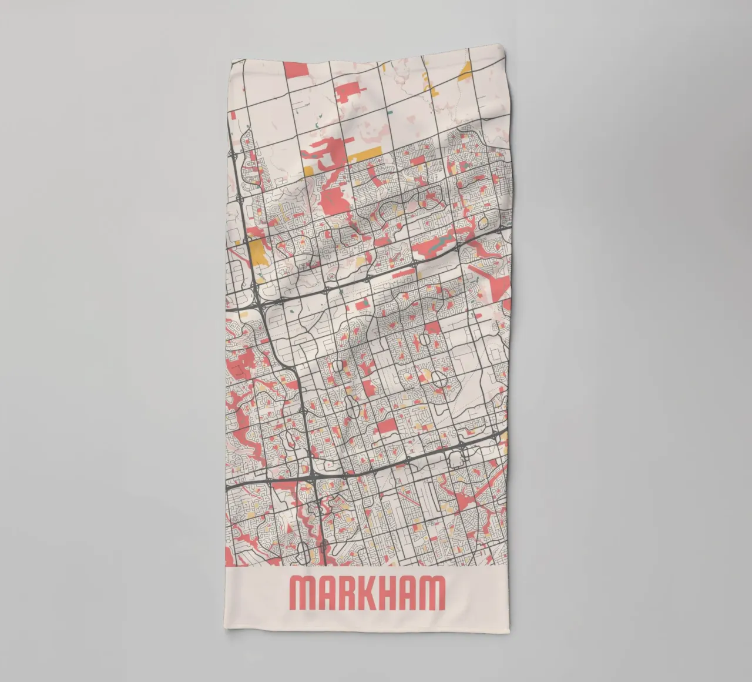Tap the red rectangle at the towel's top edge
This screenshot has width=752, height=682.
point(297,69)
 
